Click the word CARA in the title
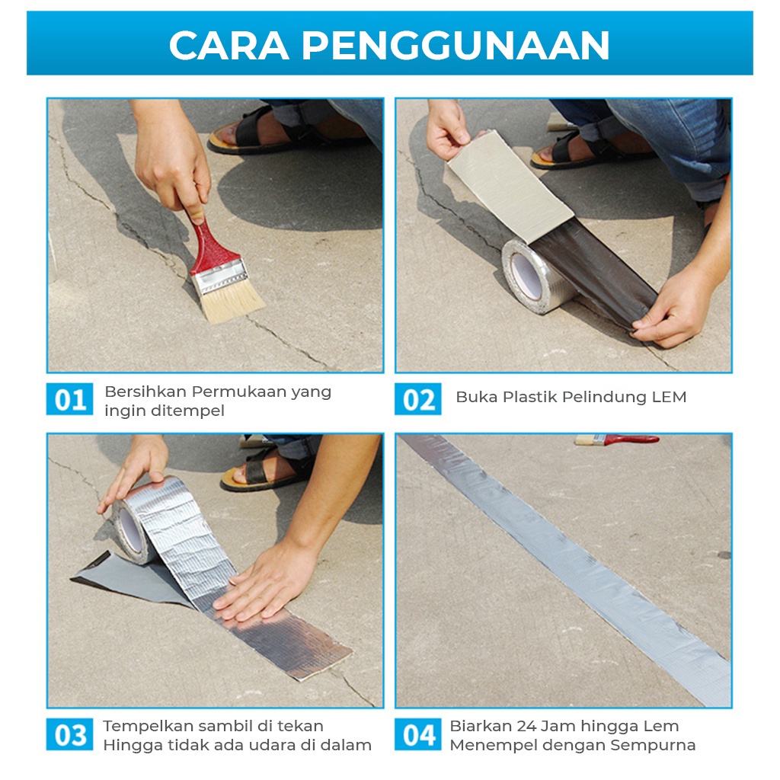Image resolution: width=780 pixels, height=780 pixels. pyautogui.click(x=229, y=45)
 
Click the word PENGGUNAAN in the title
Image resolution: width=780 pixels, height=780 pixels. pyautogui.click(x=456, y=45)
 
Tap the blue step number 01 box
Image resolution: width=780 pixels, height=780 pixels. pyautogui.click(x=69, y=399)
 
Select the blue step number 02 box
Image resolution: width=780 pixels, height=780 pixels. pyautogui.click(x=418, y=399)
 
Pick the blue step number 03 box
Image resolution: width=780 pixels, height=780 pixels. pyautogui.click(x=69, y=734)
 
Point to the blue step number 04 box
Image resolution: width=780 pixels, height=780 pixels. pyautogui.click(x=418, y=734)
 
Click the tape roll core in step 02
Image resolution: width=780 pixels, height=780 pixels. pyautogui.click(x=526, y=276)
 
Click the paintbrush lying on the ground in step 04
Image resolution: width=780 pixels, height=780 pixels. pyautogui.click(x=617, y=440)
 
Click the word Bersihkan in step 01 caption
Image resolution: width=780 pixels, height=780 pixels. pyautogui.click(x=145, y=392)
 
